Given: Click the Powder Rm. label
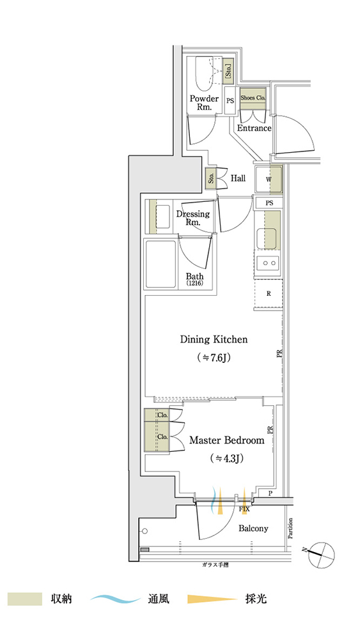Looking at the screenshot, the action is (x=204, y=103).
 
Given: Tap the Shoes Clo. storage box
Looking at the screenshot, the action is (x=253, y=98).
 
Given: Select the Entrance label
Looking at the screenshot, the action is (x=254, y=128).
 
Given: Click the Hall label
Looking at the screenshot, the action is (x=238, y=178).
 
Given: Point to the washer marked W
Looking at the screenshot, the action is (x=268, y=180).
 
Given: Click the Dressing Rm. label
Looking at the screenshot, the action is (x=193, y=218).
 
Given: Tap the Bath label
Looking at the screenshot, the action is (x=194, y=279).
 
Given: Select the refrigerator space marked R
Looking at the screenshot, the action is (x=269, y=294).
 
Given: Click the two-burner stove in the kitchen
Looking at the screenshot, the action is (x=269, y=263).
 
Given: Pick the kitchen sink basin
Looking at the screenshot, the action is (x=266, y=238).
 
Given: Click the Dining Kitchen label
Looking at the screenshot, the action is (x=214, y=339).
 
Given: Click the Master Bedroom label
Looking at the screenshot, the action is (x=227, y=440).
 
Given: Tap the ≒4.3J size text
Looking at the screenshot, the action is (x=227, y=458).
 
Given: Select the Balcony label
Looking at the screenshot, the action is (x=253, y=528).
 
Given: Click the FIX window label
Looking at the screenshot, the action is (x=245, y=509).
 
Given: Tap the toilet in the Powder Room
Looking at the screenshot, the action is (x=205, y=74).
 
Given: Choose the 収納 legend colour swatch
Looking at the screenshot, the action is (x=26, y=599).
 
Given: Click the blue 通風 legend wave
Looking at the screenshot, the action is (x=116, y=599).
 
